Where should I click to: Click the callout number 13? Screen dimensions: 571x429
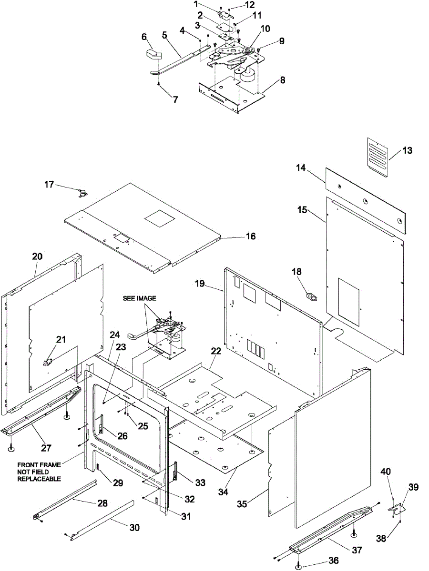(407, 151)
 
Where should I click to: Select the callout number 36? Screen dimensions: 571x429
(333, 561)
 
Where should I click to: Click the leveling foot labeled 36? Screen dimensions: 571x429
(297, 566)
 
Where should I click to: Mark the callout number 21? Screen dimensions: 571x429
(61, 340)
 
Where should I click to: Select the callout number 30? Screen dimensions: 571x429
(135, 528)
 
